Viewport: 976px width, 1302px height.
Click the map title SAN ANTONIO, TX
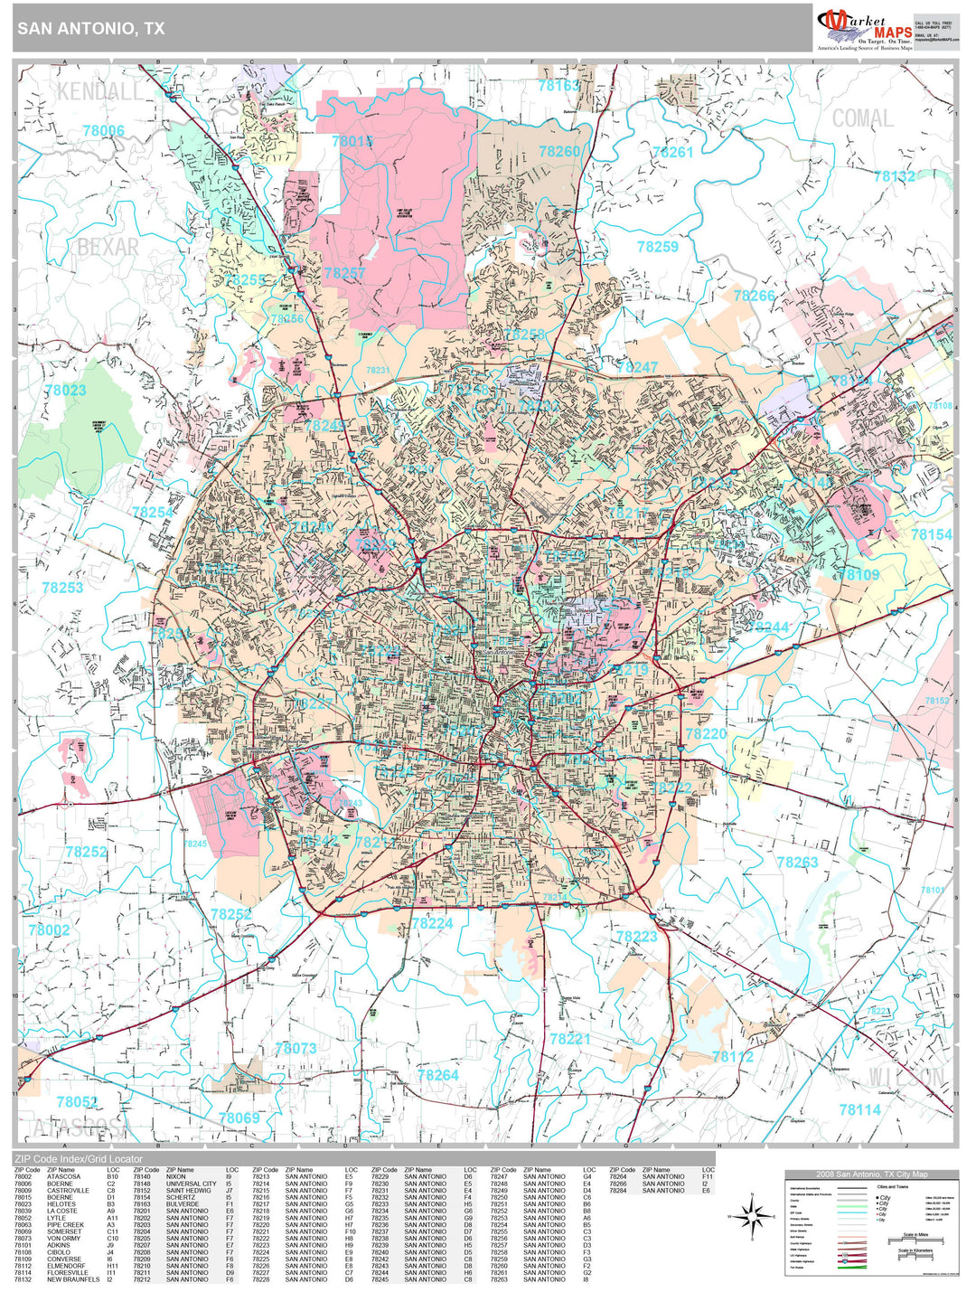pyautogui.click(x=90, y=28)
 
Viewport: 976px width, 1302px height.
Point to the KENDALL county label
pyautogui.click(x=99, y=91)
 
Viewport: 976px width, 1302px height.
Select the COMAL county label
pyautogui.click(x=862, y=118)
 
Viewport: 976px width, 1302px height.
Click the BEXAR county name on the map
pyautogui.click(x=108, y=247)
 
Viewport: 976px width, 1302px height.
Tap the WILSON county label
pyautogui.click(x=906, y=1076)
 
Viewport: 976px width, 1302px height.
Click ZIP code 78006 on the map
pyautogui.click(x=103, y=131)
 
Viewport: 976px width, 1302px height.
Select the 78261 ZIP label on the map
pyautogui.click(x=672, y=152)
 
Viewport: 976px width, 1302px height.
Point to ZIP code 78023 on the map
pyautogui.click(x=65, y=390)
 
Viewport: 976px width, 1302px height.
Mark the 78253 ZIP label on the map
pyautogui.click(x=62, y=588)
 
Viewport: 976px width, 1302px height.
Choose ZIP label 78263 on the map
pyautogui.click(x=797, y=863)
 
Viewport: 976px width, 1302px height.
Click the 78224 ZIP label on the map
pyautogui.click(x=432, y=923)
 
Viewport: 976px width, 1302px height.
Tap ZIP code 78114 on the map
pyautogui.click(x=859, y=1109)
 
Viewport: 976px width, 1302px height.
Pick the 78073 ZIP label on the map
pyautogui.click(x=296, y=1048)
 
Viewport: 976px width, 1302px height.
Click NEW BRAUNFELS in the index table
pyautogui.click(x=73, y=1279)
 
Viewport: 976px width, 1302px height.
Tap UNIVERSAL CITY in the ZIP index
pyautogui.click(x=191, y=1184)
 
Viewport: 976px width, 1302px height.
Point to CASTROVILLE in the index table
pyautogui.click(x=68, y=1191)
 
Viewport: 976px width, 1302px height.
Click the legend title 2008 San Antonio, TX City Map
pyautogui.click(x=871, y=1174)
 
